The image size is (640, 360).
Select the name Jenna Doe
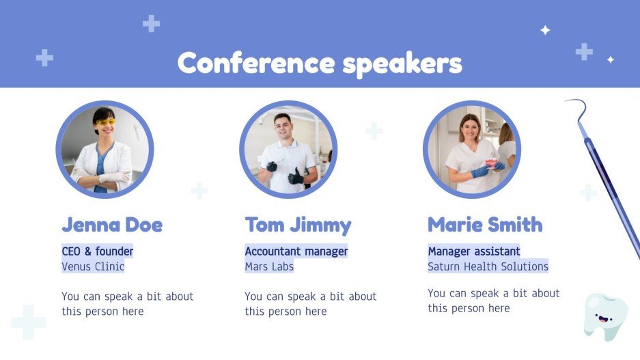coord(112,225)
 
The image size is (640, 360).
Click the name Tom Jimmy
coord(298,225)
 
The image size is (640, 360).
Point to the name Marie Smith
coord(485,224)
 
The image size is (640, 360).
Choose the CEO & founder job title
coord(98,251)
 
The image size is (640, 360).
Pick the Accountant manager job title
coord(296,251)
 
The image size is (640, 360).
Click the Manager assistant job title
coord(474,251)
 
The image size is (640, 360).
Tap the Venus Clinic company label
coord(93,266)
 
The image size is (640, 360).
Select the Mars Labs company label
coord(269,266)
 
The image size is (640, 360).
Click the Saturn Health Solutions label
coord(488,266)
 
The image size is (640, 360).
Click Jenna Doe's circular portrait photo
coord(105,150)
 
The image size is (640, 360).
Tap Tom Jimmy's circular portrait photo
coord(288,150)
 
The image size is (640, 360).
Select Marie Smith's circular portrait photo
coord(471,150)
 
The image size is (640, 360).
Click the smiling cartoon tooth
coord(605,316)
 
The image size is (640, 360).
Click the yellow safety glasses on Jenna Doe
coord(105,123)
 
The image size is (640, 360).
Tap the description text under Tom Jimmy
coord(311,304)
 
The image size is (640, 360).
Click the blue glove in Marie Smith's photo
coord(479,171)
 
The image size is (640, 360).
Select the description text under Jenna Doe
coord(128,304)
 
